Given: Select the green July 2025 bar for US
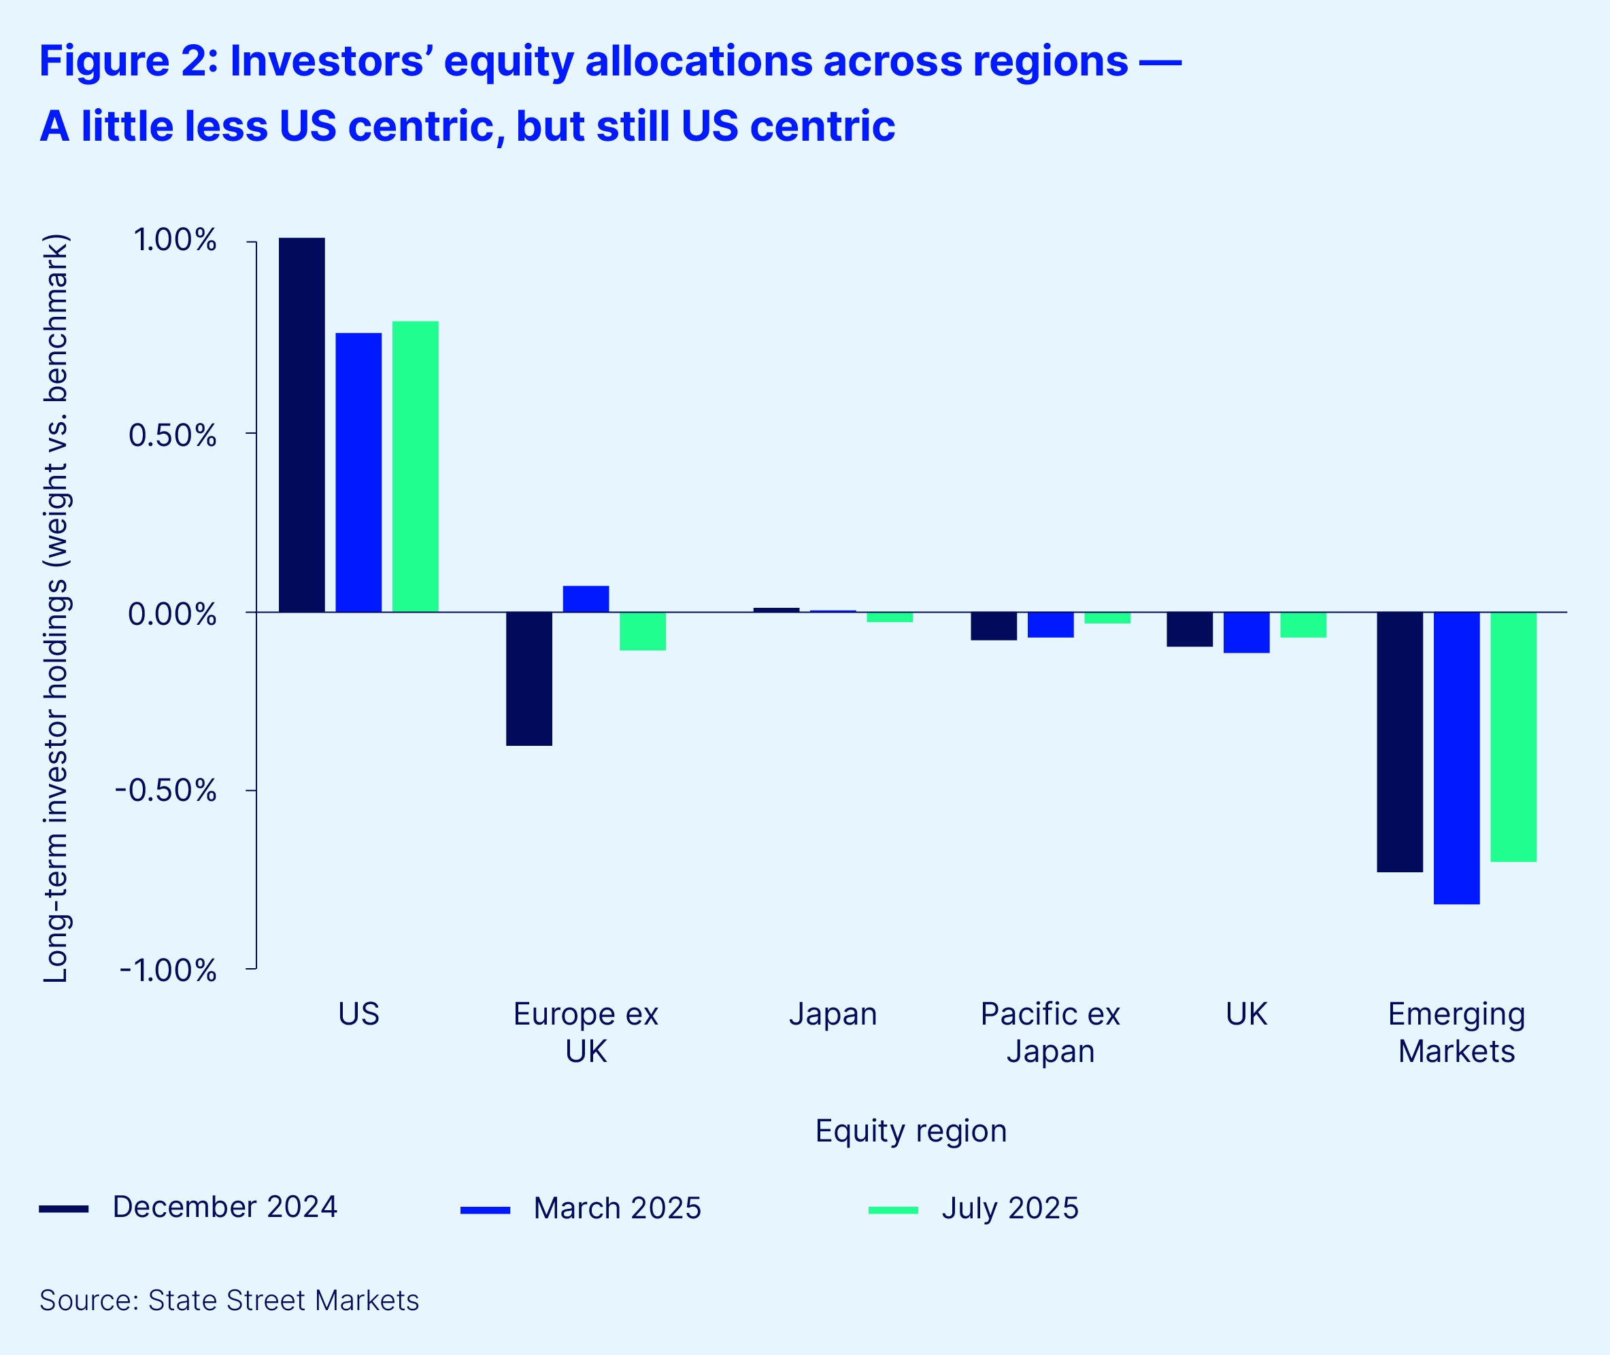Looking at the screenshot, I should (415, 466).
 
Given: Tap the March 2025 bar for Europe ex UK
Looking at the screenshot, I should (586, 599).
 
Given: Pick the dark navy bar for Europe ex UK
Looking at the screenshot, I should (529, 679).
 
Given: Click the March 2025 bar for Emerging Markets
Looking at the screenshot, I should (1456, 758).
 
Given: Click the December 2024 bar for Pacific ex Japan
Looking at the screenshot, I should (994, 626).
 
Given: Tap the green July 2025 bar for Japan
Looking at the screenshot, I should (889, 617).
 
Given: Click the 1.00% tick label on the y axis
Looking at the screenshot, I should (175, 241).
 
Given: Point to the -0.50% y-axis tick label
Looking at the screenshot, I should (166, 791).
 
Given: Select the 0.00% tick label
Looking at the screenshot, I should (172, 615).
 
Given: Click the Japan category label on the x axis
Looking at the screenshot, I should (833, 1014).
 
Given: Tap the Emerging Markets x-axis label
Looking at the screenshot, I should (1456, 1032).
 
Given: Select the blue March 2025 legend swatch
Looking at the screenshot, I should (485, 1210).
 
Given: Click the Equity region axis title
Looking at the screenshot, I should (911, 1131).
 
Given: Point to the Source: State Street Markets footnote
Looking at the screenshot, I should (229, 1301).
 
